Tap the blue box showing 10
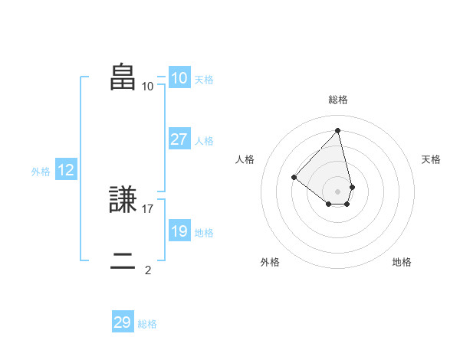(179, 78)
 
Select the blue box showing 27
(179, 139)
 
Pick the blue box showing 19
(179, 231)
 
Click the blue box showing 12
(65, 171)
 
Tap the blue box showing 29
(123, 322)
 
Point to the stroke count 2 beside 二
(148, 270)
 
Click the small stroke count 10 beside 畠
(148, 86)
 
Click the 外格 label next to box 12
(41, 172)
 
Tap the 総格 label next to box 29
(147, 324)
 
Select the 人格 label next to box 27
(205, 141)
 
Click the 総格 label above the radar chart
(338, 100)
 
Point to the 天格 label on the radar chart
(431, 159)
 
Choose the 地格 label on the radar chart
(402, 262)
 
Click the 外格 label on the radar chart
(270, 262)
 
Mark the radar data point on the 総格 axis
(338, 129)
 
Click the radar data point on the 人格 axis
(294, 177)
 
